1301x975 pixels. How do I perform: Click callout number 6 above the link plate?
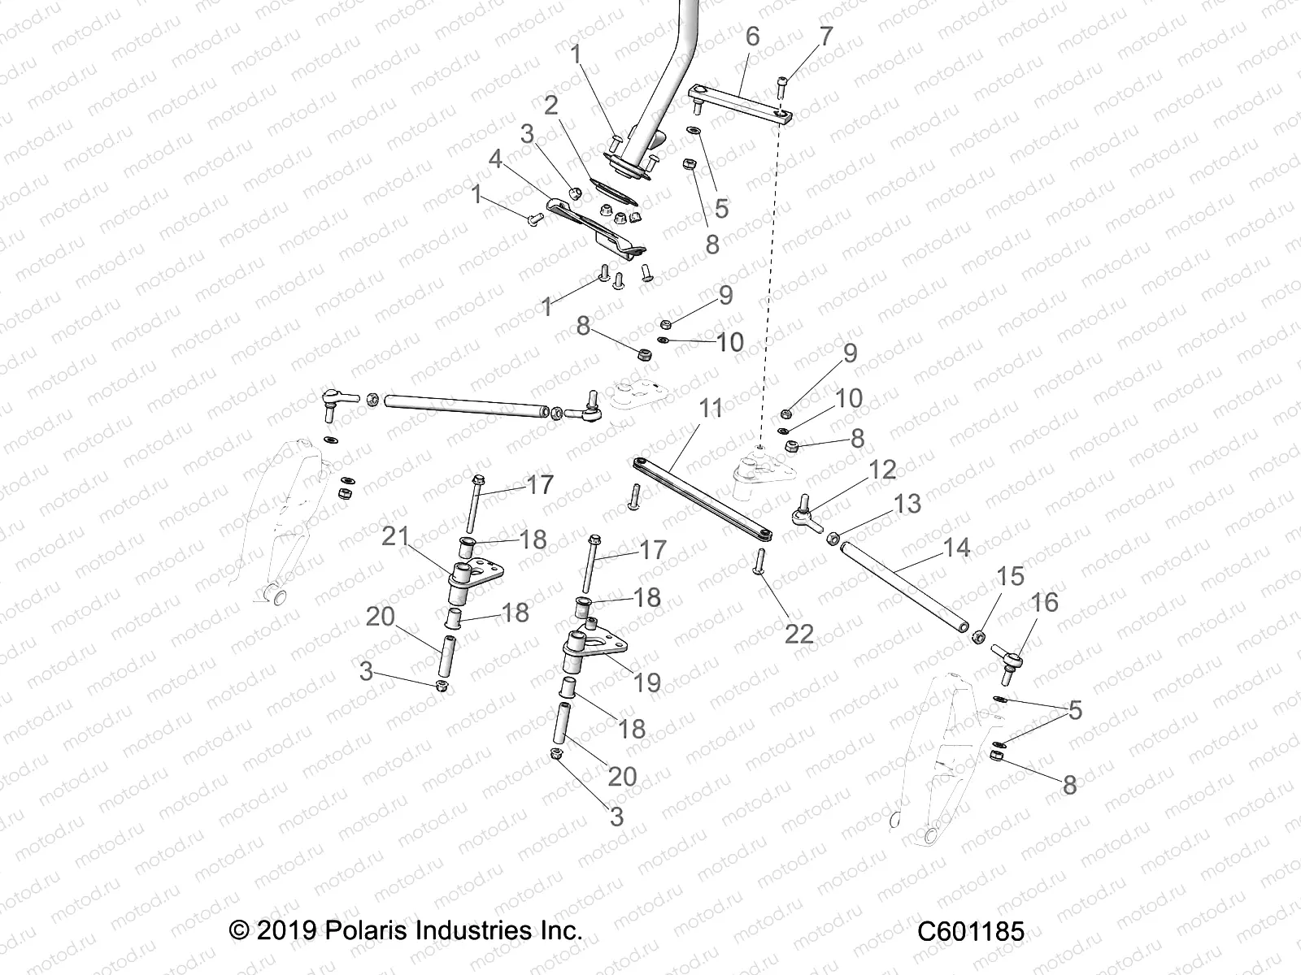(752, 37)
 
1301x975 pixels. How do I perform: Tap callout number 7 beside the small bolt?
(826, 37)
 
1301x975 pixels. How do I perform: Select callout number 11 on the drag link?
(711, 408)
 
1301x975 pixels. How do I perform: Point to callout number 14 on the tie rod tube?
(956, 548)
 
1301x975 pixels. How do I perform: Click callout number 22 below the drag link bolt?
(798, 634)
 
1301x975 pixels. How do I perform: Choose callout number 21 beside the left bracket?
(395, 536)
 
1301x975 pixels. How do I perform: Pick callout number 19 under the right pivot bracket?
(647, 682)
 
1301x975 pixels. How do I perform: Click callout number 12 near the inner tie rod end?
(881, 470)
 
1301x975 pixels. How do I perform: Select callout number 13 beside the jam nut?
(907, 503)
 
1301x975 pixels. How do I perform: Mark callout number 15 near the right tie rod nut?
(1010, 576)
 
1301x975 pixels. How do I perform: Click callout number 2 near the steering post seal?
(551, 105)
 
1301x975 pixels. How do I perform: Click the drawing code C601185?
(970, 930)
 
